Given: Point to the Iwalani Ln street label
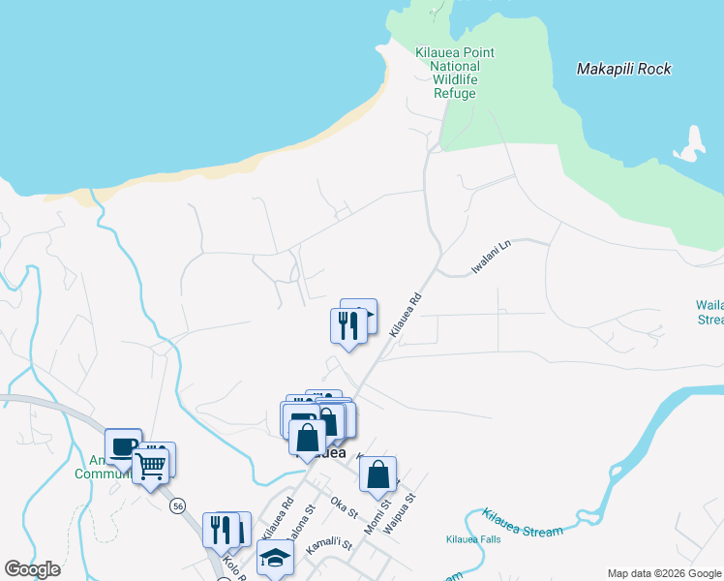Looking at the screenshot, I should (x=491, y=258).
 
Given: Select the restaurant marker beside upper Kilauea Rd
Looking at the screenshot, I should (x=347, y=325).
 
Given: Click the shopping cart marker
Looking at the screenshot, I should (x=150, y=467).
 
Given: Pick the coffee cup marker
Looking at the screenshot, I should (x=123, y=447).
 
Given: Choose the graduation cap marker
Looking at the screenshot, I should (x=275, y=558).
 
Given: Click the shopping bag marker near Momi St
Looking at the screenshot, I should (x=377, y=475).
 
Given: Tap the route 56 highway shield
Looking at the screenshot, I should (x=177, y=505).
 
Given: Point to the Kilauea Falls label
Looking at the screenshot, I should (x=473, y=539).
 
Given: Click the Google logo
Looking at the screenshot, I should (x=33, y=569).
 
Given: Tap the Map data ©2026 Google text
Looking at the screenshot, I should (x=663, y=573).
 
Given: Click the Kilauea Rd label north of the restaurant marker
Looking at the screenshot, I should (x=406, y=317).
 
